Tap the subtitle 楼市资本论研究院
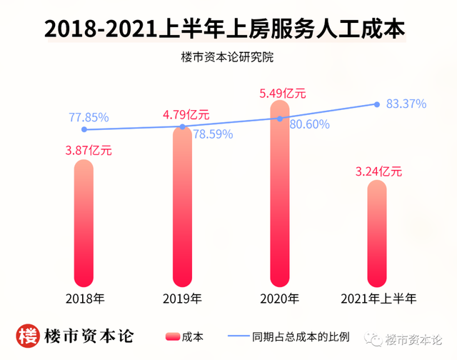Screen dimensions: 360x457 pyautogui.click(x=228, y=57)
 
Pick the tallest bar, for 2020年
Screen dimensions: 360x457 pyautogui.click(x=280, y=193)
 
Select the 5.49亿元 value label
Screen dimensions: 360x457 pyautogui.click(x=283, y=93)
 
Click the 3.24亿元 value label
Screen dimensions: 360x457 pyautogui.click(x=379, y=171)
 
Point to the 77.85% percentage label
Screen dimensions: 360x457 pyautogui.click(x=89, y=117)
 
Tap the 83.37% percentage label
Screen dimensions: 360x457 pyautogui.click(x=406, y=104)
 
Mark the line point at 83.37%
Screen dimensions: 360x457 pyautogui.click(x=377, y=104)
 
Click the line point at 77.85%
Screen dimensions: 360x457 pyautogui.click(x=84, y=129)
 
